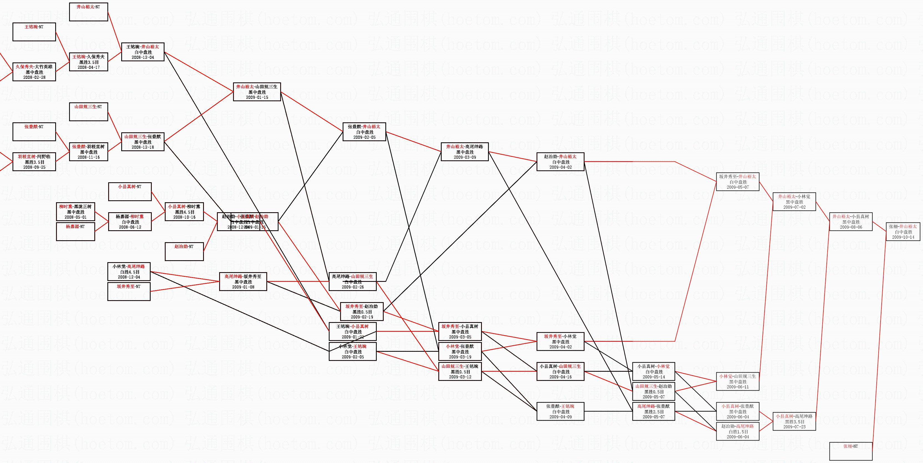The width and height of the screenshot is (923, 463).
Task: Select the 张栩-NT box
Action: point(851,451)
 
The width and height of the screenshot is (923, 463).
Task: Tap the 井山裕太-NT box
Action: point(88,12)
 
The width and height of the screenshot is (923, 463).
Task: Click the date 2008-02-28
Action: point(34,77)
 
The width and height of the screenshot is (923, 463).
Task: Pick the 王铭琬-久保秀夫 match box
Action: point(88,62)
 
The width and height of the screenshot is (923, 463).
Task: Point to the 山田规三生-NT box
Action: point(88,112)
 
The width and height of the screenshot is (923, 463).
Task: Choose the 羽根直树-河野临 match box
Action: point(34,162)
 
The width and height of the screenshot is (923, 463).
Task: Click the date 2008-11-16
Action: point(88,157)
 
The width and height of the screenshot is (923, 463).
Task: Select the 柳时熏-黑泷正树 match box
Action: point(75,212)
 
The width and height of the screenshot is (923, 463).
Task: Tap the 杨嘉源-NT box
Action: point(75,231)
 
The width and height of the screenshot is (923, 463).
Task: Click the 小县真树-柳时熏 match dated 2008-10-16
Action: point(184,211)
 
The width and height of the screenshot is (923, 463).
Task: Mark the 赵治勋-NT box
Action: point(184,251)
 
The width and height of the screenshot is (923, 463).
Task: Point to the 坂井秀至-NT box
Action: point(129,291)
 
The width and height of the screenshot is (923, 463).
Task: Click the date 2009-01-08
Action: point(243,287)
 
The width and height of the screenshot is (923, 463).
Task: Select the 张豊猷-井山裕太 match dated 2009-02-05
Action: point(364,131)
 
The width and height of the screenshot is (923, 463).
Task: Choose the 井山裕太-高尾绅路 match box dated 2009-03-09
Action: point(464,151)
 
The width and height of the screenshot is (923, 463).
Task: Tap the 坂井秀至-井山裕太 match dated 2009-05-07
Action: point(737,182)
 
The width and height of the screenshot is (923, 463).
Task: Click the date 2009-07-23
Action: point(794,427)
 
